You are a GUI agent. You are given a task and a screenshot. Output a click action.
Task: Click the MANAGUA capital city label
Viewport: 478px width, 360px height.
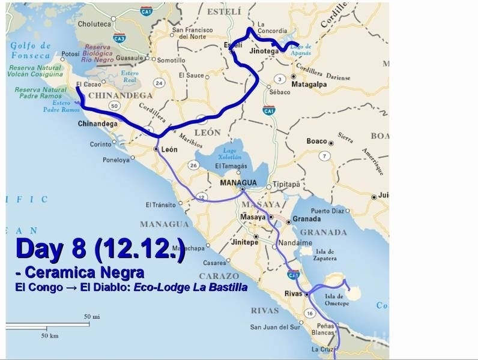[238, 182]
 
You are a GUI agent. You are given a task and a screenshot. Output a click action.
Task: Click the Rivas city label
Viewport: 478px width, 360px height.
[293, 293]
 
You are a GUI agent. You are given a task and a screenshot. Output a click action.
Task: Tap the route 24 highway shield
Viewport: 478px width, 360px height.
[159, 82]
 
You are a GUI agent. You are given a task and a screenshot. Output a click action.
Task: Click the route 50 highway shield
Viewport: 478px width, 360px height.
[113, 106]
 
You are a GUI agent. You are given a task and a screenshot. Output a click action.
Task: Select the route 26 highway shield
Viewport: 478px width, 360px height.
[193, 164]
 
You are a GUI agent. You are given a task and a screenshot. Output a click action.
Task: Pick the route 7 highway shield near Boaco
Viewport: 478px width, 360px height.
[325, 156]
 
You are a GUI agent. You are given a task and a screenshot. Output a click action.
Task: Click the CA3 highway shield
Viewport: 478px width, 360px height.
[136, 38]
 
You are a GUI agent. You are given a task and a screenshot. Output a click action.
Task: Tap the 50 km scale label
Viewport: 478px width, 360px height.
[49, 336]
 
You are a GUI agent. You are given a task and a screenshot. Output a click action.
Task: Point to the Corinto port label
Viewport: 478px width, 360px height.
[100, 144]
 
